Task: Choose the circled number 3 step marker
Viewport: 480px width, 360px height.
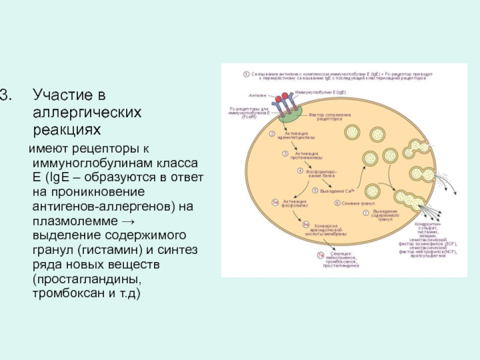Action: (x=286, y=154)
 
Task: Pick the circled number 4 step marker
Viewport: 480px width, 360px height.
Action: (x=299, y=171)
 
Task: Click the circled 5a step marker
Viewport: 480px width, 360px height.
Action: (x=275, y=202)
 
